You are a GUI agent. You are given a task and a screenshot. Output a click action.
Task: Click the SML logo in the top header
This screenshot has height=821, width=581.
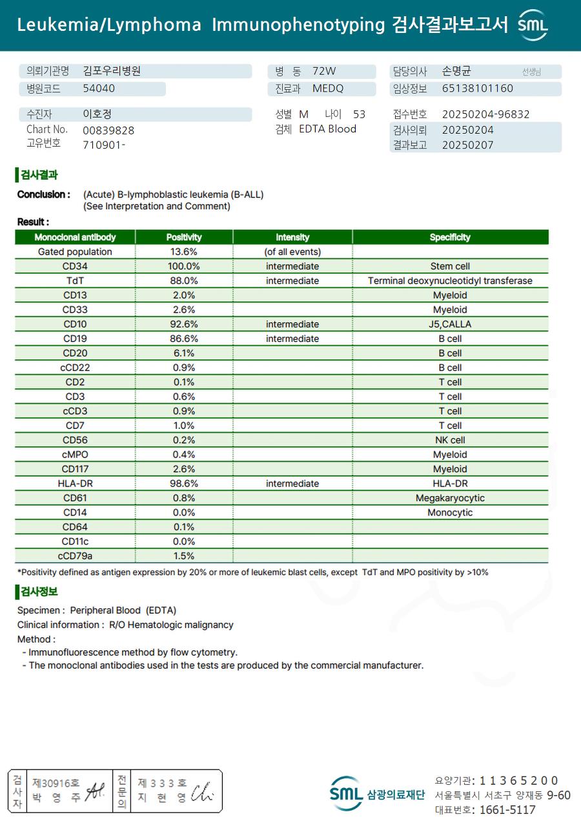coord(533,25)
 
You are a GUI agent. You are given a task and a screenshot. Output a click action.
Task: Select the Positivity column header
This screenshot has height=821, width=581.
coord(184,237)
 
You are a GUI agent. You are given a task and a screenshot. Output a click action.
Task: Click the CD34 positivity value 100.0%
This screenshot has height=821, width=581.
coord(184,266)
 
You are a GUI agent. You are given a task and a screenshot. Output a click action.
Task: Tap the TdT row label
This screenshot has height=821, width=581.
coord(75,281)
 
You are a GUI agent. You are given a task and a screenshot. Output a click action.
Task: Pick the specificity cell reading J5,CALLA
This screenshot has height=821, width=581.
coord(450,324)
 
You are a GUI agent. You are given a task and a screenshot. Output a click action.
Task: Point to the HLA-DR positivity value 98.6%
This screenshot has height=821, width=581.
coord(184,484)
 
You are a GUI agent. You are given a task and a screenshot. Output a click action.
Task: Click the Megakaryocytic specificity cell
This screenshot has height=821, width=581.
coord(450,498)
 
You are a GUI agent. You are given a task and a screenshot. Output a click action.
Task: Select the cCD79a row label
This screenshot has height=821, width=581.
coord(75,556)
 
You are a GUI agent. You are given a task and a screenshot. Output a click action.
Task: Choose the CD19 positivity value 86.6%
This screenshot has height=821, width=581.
coord(184,338)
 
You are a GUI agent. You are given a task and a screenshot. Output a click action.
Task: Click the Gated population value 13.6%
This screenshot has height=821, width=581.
coord(184,252)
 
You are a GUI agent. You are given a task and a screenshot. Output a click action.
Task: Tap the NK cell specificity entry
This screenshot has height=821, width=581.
coord(450,440)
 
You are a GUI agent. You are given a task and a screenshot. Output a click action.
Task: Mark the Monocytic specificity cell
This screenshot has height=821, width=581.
coord(450,513)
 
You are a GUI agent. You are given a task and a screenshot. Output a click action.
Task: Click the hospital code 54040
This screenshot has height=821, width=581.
coord(99,89)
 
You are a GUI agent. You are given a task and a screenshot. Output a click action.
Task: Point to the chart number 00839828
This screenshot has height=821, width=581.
coord(108,130)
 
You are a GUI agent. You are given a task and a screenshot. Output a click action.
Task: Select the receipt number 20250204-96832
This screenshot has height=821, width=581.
coord(485,114)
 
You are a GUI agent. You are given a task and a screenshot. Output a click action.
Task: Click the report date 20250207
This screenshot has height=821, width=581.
coord(467,145)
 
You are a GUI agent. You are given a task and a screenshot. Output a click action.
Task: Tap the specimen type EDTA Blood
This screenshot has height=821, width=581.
coord(327,129)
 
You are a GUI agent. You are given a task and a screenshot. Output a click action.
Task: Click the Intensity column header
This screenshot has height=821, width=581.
coord(292,237)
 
